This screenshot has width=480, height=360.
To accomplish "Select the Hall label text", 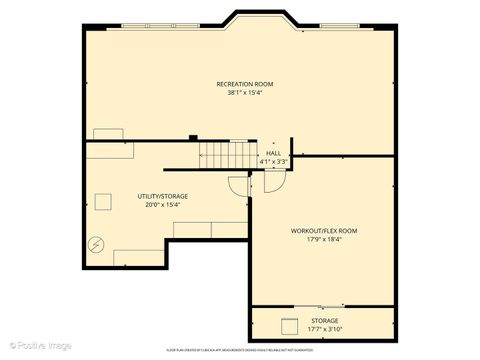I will (x=273, y=153).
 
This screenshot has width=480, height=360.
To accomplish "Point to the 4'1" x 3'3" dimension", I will (x=273, y=161).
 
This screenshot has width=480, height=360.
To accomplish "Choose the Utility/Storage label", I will (x=163, y=196).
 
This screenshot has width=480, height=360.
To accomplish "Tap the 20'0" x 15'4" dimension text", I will (x=163, y=205).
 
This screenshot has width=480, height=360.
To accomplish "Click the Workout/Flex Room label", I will (x=324, y=231).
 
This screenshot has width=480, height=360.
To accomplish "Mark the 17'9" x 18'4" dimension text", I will (x=324, y=240).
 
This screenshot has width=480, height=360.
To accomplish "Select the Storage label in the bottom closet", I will (x=324, y=319).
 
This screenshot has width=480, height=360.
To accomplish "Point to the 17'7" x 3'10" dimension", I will (x=324, y=328).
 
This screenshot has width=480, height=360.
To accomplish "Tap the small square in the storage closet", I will (x=289, y=323).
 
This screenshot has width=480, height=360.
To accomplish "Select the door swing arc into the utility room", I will (x=237, y=185).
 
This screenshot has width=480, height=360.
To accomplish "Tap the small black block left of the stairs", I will (x=192, y=137).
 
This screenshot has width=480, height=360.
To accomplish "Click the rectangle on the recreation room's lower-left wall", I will (x=107, y=133).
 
